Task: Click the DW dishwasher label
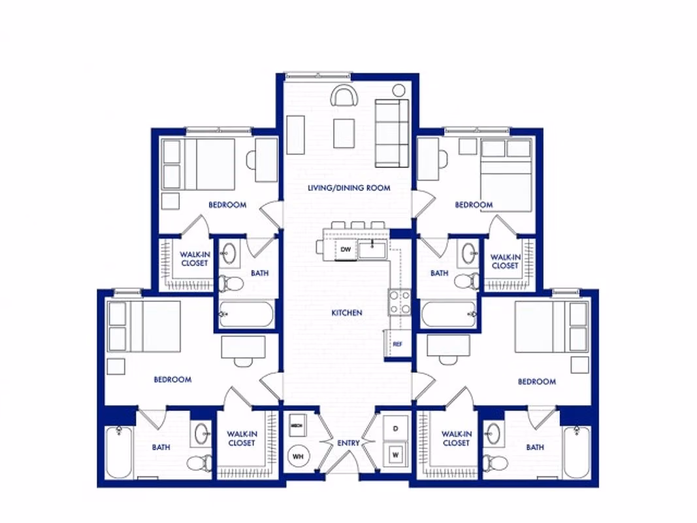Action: click(345, 249)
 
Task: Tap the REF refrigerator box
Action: click(397, 343)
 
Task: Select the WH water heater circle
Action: click(298, 456)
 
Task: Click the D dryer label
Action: click(396, 428)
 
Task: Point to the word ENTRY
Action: click(348, 443)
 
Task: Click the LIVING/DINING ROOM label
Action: click(349, 188)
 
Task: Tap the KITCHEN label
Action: click(347, 313)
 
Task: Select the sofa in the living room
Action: click(391, 132)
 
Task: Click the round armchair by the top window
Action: click(344, 96)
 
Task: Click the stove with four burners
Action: click(400, 302)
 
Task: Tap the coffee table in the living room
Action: click(344, 133)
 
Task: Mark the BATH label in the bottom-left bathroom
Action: click(161, 448)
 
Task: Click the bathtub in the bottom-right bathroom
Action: click(577, 452)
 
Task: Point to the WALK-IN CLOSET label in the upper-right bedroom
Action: click(504, 261)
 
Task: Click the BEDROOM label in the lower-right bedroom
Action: click(537, 382)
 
